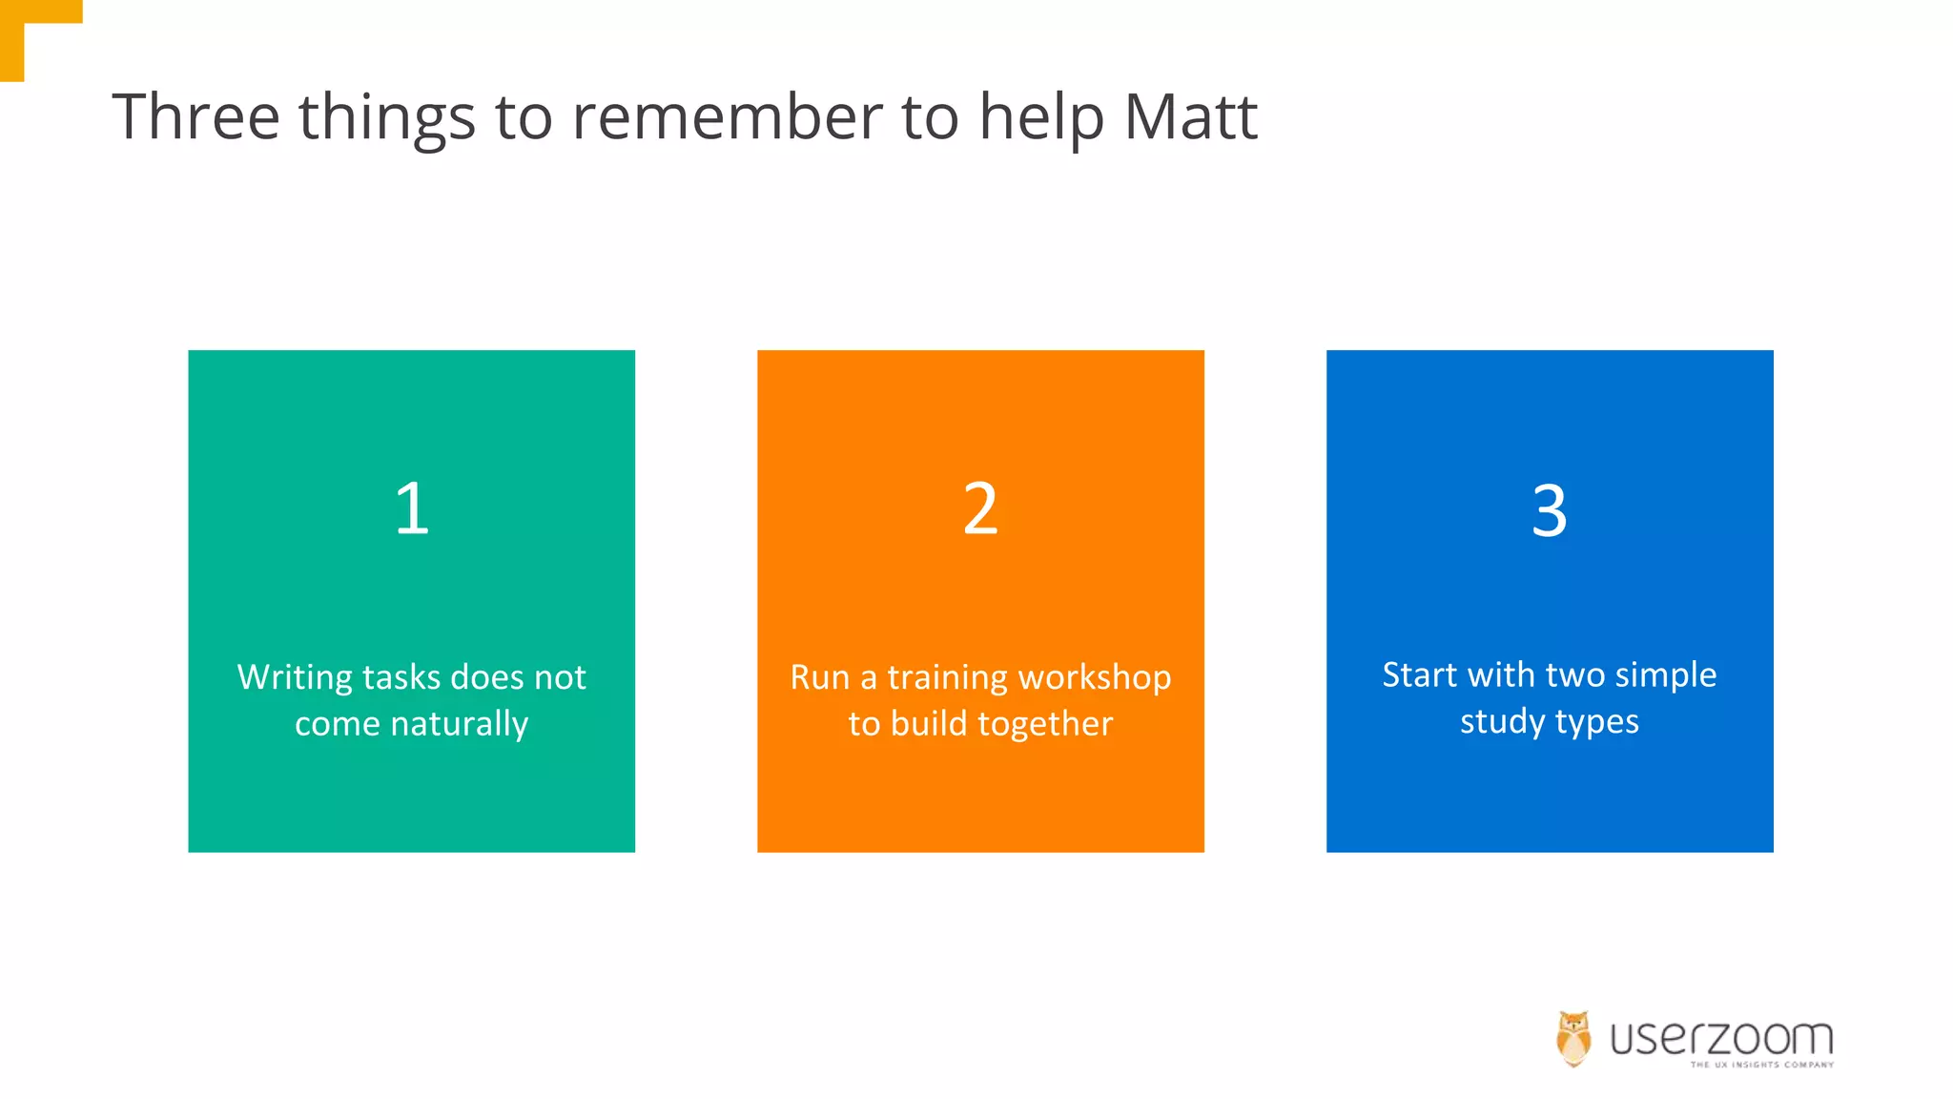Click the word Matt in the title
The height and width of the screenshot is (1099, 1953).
[x=1190, y=117]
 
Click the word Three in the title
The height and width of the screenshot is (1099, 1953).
[x=195, y=117]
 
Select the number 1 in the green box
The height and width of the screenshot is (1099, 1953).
[x=412, y=508]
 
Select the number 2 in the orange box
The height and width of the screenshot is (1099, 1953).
[x=980, y=508]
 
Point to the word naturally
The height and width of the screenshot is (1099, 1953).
[x=459, y=724]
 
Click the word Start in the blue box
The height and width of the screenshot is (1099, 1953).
[x=1419, y=675]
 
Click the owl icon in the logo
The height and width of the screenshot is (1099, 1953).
[x=1573, y=1038]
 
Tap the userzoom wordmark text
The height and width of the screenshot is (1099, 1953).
[x=1721, y=1038]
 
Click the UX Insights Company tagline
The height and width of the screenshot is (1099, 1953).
[x=1761, y=1065]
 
